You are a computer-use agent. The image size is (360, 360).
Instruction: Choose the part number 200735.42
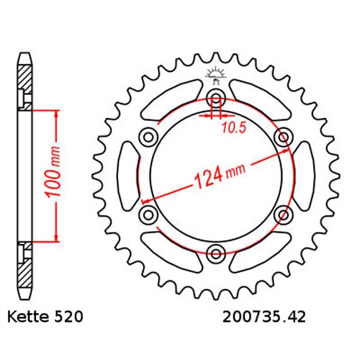(x=270, y=316)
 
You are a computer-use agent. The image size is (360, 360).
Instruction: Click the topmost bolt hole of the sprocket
(x=216, y=99)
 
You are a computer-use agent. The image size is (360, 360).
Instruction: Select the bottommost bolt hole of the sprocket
(x=216, y=251)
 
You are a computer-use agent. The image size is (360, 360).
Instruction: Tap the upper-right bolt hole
(x=282, y=137)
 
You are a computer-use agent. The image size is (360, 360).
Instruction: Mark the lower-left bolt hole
(x=150, y=213)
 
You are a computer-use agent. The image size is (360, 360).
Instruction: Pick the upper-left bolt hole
(x=150, y=137)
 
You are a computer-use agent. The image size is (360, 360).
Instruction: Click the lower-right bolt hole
(x=282, y=213)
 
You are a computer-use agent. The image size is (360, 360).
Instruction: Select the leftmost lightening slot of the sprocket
(x=127, y=175)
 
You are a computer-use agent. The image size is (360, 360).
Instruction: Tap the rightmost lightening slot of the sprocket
(x=305, y=175)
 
